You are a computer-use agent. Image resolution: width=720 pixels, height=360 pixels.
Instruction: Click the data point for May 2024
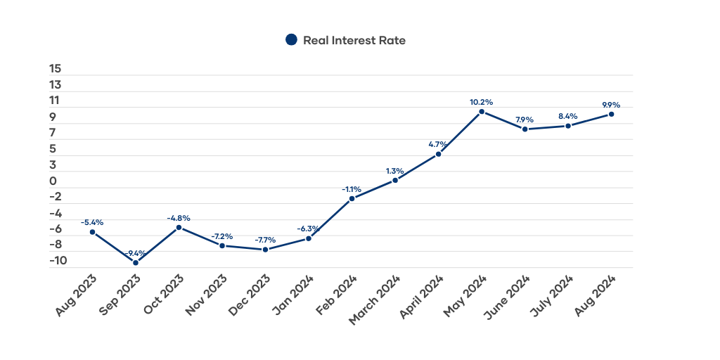[482, 112]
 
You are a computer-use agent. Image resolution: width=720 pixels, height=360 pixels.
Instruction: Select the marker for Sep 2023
[136, 263]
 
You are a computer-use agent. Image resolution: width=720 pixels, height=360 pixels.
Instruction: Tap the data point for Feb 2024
[352, 198]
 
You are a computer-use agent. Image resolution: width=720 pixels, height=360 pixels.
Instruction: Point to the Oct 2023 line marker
[179, 227]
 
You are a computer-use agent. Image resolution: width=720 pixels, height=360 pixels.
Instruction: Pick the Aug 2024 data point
[612, 114]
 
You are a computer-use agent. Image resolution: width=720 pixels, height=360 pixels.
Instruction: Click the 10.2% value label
[482, 102]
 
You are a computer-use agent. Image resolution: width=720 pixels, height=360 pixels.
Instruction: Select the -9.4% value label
[135, 253]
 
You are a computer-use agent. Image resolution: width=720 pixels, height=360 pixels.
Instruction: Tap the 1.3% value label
[395, 171]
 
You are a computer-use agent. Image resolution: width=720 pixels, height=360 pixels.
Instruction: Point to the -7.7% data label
[265, 240]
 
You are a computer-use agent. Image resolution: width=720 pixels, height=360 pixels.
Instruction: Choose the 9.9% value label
[612, 105]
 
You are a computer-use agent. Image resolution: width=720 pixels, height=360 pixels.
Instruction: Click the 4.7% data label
[438, 145]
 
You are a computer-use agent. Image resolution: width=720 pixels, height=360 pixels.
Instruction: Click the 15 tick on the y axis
[56, 69]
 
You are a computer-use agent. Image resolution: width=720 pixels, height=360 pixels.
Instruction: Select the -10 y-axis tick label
[58, 260]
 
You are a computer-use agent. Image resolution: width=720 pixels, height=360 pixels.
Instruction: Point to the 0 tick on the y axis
[53, 181]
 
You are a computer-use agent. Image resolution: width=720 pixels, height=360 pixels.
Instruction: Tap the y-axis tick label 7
[53, 133]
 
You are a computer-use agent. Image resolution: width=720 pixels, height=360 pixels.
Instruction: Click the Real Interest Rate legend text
[354, 40]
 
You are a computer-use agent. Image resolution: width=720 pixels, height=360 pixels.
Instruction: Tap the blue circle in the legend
[291, 40]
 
